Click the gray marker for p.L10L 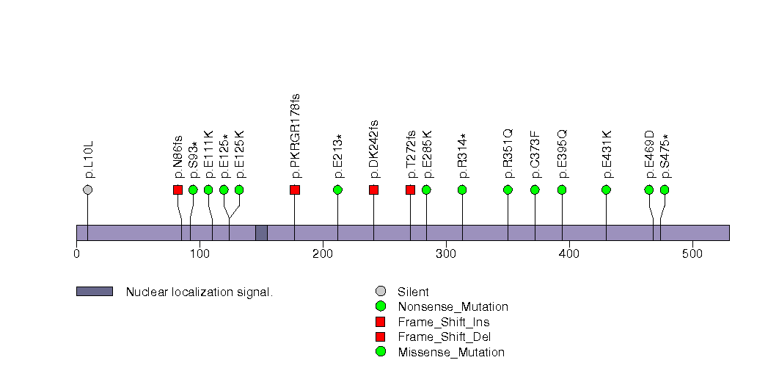88,190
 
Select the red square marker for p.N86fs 178,190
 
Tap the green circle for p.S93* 193,190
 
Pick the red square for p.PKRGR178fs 295,190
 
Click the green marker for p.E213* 337,190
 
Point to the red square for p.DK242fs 373,190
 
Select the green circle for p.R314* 462,190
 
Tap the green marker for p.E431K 606,190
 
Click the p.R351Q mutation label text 508,154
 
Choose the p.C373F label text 535,154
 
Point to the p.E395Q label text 563,154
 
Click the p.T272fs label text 411,154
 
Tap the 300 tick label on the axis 446,254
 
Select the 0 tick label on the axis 76,254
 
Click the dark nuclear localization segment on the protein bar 261,232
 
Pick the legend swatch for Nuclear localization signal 94,292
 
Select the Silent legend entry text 413,292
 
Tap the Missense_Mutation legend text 451,352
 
